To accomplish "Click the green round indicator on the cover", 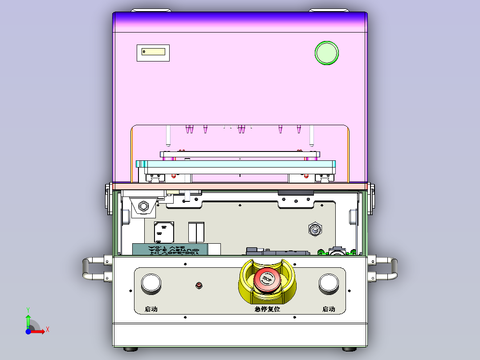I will point(327,53).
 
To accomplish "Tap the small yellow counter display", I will point(153,52).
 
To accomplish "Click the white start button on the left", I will point(151,283).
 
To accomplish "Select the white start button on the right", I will point(329,283).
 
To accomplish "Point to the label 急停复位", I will point(267,309).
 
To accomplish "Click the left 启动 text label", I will point(151,309).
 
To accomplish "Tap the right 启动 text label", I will point(329,309).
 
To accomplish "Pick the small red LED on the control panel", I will point(199,285).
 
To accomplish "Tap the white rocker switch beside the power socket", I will point(196,231).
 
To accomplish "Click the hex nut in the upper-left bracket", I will point(143,206).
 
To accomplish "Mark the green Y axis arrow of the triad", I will point(28,318).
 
